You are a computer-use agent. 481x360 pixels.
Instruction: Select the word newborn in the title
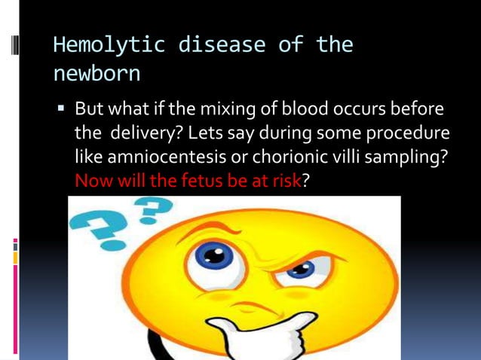click(x=96, y=75)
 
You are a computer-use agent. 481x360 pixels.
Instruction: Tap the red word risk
click(x=286, y=182)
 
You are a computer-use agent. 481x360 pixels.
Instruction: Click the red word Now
click(x=93, y=182)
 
